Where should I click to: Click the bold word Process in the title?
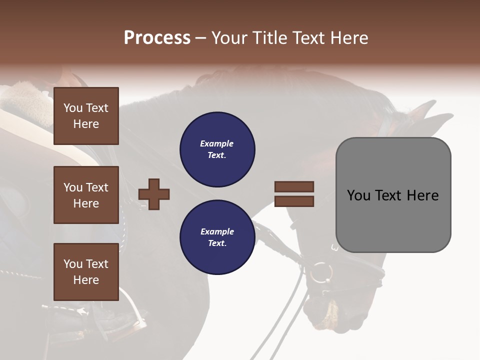click(x=157, y=38)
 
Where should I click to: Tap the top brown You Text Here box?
click(x=86, y=116)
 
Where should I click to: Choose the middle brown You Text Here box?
click(x=86, y=195)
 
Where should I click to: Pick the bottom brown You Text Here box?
click(x=86, y=272)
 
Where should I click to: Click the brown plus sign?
click(x=154, y=194)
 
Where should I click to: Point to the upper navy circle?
click(x=217, y=149)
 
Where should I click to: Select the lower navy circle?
click(x=217, y=237)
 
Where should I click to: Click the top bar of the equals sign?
click(x=294, y=186)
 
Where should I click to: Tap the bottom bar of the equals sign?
click(x=294, y=201)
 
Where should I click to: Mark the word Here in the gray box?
click(x=422, y=195)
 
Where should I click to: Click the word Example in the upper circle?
click(x=217, y=143)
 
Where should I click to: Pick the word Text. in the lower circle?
click(x=217, y=243)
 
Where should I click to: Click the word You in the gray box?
click(x=359, y=195)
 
